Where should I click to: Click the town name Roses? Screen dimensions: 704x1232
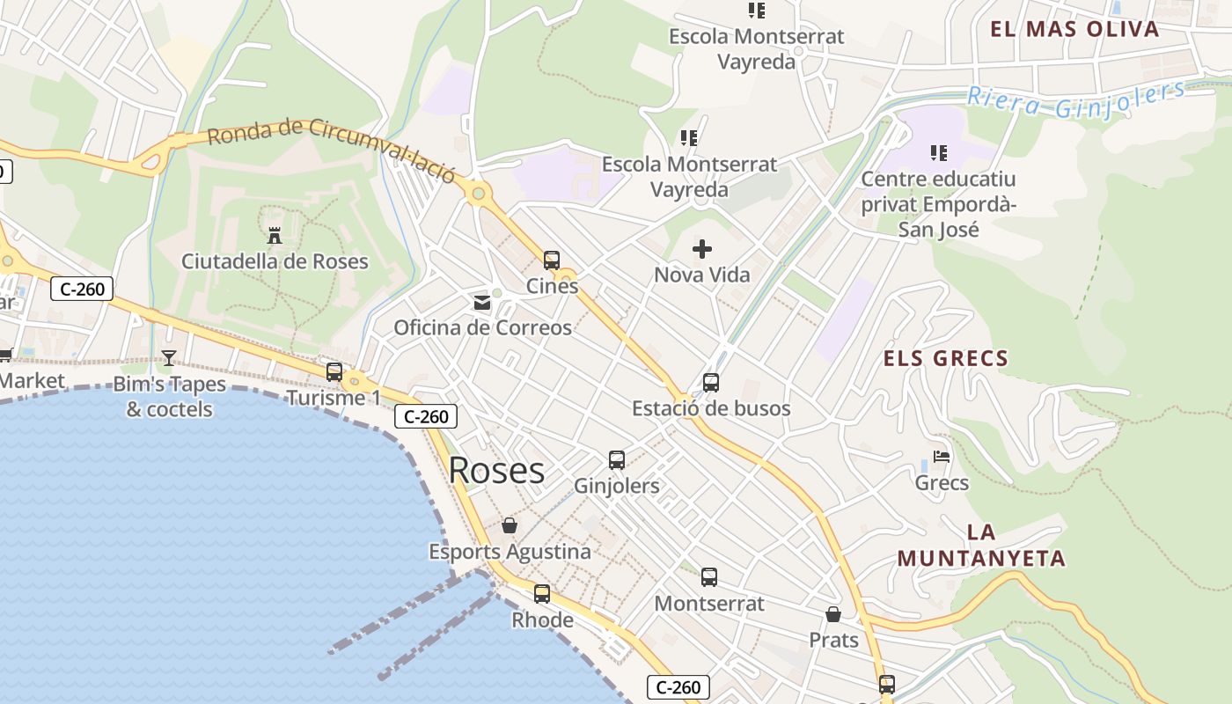tap(496, 471)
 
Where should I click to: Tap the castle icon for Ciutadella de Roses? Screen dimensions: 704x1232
tap(275, 235)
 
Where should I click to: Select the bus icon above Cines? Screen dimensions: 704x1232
tap(552, 260)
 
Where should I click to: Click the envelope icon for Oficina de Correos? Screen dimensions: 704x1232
tap(482, 303)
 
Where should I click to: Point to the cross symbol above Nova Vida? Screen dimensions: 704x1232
tap(702, 249)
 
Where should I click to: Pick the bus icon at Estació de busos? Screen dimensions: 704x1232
tap(711, 383)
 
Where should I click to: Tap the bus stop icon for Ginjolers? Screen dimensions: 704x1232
tap(617, 459)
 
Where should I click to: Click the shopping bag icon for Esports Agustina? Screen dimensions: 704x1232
tap(510, 526)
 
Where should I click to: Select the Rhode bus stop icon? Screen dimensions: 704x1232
tap(542, 594)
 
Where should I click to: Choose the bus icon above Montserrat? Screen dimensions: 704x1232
tap(709, 577)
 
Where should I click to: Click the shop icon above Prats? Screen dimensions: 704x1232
tap(833, 614)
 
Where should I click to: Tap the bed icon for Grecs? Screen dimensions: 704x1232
tap(942, 457)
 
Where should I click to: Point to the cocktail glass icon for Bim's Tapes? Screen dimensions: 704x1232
tap(169, 358)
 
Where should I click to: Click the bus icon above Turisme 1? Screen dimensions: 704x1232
tap(334, 371)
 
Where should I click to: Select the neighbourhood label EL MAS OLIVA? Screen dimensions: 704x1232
tap(1074, 29)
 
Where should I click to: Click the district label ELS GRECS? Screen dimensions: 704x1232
tap(946, 358)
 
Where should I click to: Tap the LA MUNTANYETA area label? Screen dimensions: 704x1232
tap(981, 546)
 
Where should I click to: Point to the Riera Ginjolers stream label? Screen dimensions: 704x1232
tap(1075, 99)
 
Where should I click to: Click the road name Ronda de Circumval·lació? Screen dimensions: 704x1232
tap(332, 146)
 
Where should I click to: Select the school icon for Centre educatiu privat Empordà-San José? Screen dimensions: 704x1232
tap(939, 153)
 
